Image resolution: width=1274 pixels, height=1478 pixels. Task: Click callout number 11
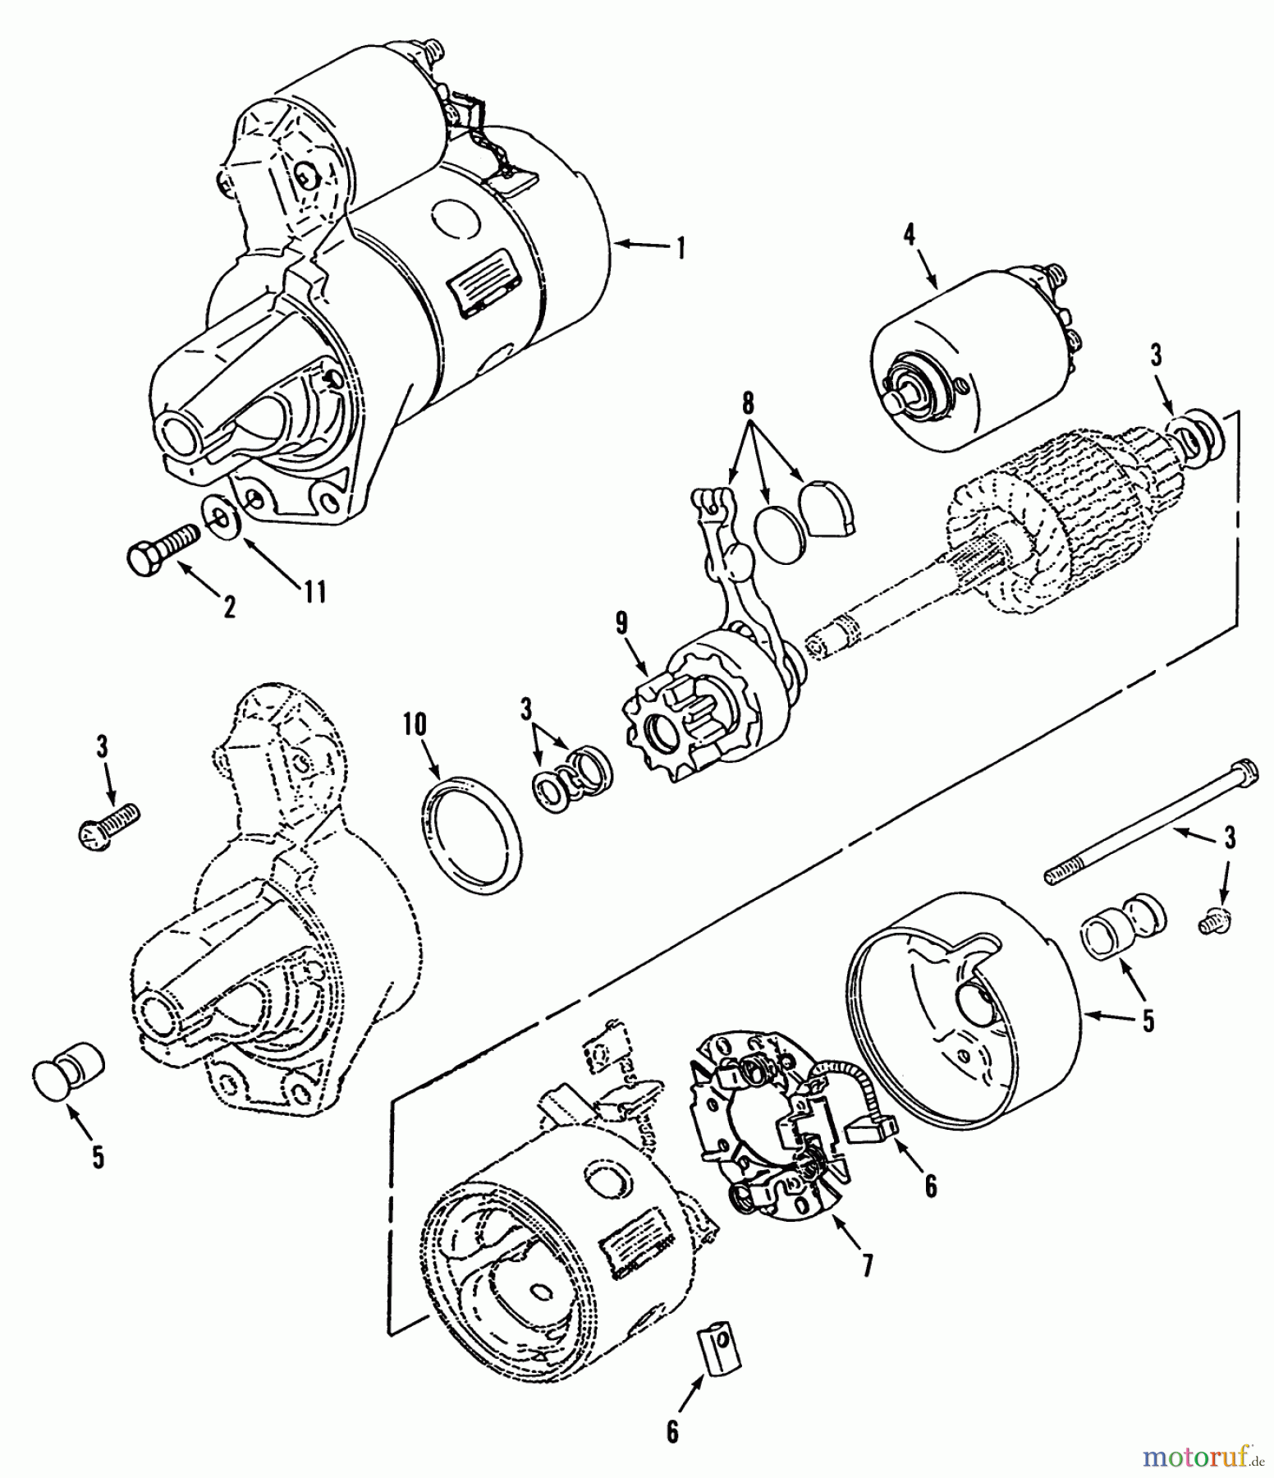click(x=314, y=590)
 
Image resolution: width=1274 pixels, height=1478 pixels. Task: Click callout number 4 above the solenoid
click(x=909, y=236)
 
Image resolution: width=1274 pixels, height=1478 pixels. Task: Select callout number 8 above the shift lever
click(x=748, y=405)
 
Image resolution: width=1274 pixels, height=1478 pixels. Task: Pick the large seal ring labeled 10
click(x=472, y=840)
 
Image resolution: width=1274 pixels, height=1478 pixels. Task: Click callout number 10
click(x=415, y=724)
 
